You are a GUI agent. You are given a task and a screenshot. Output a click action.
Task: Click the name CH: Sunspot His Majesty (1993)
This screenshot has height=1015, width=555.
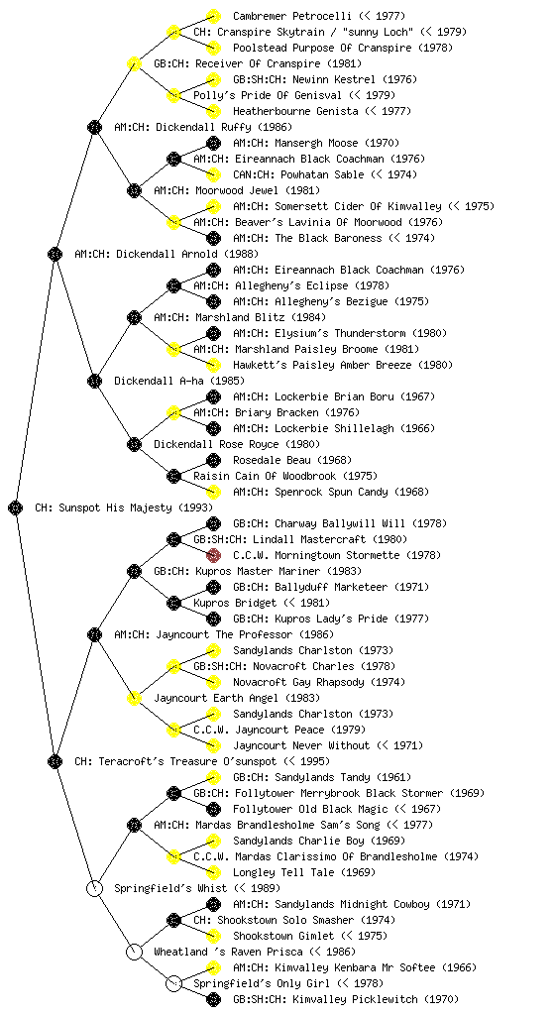(x=124, y=507)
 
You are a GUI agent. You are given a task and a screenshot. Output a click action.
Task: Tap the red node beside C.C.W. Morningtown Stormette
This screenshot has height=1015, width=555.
(x=213, y=555)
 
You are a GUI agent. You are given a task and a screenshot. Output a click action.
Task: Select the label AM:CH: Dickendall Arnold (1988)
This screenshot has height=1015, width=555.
(x=166, y=254)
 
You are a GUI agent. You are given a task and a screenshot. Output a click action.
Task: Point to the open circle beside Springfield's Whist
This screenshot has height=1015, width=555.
(x=94, y=888)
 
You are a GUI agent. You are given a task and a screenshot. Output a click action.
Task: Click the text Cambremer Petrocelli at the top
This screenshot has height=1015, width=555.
(x=292, y=16)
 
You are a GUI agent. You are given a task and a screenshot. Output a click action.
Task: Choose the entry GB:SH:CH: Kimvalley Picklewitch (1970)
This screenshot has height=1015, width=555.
(x=346, y=999)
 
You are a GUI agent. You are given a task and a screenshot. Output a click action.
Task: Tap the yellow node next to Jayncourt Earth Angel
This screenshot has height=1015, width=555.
(x=134, y=698)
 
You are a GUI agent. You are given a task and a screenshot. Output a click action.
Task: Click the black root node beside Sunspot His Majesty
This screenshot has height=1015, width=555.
(x=16, y=507)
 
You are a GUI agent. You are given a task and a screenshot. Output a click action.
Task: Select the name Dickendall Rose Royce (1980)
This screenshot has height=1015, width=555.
(x=237, y=444)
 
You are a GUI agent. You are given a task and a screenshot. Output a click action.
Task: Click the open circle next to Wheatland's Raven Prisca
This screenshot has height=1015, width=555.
(x=134, y=952)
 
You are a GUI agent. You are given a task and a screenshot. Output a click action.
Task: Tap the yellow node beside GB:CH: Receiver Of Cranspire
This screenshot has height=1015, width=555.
(x=134, y=63)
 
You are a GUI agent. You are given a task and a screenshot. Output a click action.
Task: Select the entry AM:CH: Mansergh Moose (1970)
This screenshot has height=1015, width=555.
(x=316, y=143)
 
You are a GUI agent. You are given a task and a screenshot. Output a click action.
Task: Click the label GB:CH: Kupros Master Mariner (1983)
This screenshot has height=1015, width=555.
(x=258, y=571)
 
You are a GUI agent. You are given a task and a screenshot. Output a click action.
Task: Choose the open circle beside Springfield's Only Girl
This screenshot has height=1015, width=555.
(x=173, y=983)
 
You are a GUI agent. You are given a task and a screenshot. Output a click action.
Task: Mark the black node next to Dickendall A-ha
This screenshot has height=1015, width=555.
(x=94, y=381)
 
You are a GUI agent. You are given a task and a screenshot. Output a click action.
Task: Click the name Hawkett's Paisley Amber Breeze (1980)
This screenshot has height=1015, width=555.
(x=343, y=365)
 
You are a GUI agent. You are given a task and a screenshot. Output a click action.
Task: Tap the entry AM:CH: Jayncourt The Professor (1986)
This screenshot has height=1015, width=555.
(x=224, y=634)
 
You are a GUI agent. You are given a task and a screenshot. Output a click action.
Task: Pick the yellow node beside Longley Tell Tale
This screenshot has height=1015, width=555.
(x=213, y=872)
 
